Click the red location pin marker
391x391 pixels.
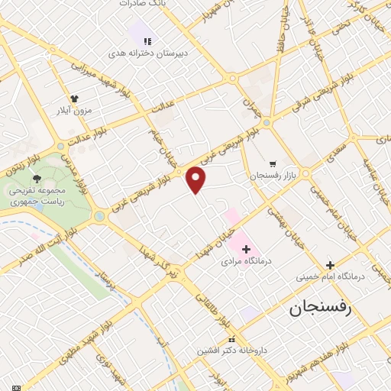tap(197, 178)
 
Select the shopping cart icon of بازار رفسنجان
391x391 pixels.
tap(273, 163)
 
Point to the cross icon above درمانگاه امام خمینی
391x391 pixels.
tap(330, 263)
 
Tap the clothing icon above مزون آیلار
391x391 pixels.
tap(75, 99)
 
